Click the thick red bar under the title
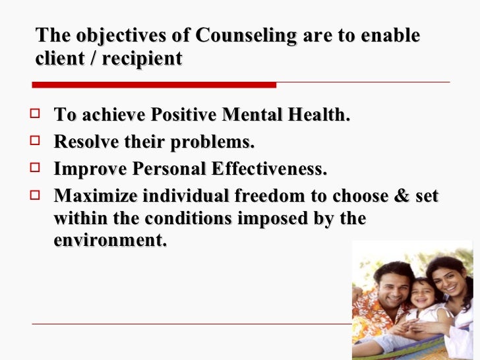coord(154,85)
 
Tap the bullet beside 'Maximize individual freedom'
coord(37,196)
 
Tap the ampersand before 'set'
coord(402,197)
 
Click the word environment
coord(109,241)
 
